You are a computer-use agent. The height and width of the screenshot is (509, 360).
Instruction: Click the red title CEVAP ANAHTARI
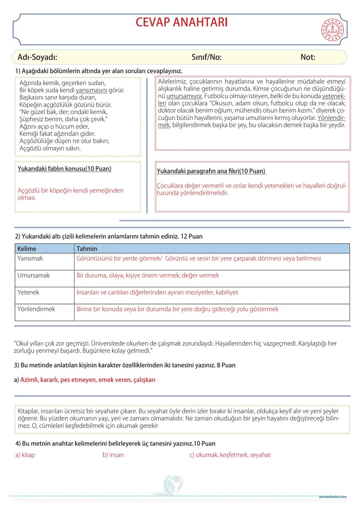182,22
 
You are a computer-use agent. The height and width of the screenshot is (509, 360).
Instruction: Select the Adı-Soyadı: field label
37,57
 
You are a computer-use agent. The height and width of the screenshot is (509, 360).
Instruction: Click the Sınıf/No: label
207,57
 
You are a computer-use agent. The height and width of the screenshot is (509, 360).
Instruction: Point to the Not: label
308,57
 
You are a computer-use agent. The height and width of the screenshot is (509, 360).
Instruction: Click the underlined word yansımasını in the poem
91,90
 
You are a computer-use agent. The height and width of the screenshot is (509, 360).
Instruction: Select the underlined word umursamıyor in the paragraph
184,96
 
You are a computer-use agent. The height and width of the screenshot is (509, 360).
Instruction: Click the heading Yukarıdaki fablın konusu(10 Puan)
64,169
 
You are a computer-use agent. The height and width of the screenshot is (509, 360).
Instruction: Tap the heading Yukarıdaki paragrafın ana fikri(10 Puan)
211,171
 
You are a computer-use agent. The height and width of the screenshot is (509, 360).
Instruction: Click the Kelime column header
27,249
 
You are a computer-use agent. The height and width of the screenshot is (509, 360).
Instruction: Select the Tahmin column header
87,249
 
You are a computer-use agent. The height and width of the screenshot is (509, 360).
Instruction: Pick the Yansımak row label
30,258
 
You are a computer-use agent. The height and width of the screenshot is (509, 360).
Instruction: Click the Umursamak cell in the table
33,275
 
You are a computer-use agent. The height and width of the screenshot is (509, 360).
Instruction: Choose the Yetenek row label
28,292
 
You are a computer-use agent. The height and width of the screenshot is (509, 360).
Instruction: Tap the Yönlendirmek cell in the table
36,309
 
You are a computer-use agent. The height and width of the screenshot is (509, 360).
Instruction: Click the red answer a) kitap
25,455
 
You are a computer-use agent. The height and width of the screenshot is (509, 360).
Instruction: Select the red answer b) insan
113,455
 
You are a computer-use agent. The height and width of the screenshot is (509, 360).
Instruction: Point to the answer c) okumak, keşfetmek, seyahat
230,455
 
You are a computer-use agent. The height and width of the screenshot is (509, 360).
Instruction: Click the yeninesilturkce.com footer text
332,497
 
